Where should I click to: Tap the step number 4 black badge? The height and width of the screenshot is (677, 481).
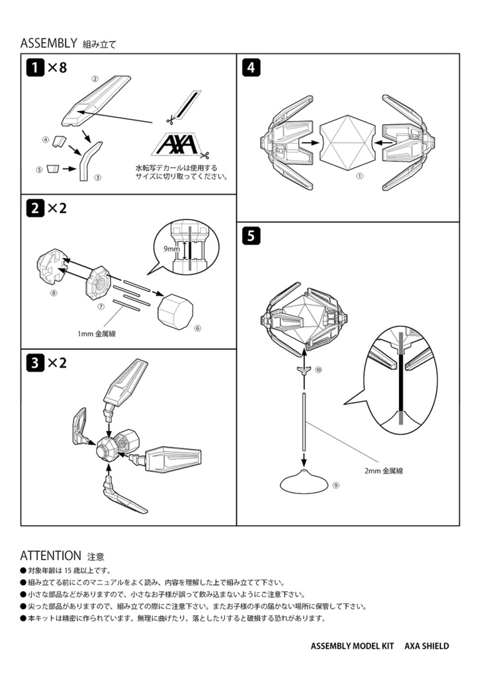251,67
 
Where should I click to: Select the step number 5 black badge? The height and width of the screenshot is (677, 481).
251,235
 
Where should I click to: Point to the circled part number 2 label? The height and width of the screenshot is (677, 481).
95,79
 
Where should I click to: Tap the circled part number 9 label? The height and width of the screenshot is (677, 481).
336,485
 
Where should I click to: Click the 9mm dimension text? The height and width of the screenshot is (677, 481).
171,249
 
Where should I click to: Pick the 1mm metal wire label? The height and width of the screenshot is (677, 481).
97,335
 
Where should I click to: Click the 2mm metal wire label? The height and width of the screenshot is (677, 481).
383,471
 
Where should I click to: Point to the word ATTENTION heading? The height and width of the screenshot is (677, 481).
50,555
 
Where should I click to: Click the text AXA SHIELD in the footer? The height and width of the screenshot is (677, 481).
427,646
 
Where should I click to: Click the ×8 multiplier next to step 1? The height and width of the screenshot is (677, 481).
57,67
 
